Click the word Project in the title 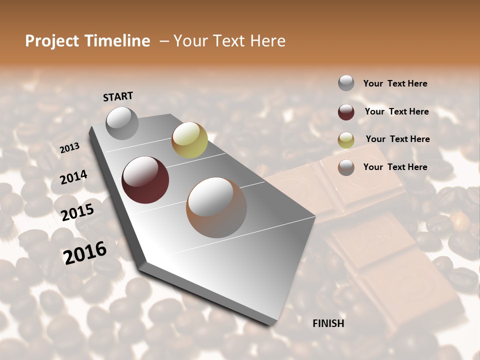click(52, 41)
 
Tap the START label click(118, 96)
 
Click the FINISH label click(328, 323)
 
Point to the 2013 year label click(70, 147)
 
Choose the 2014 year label click(73, 177)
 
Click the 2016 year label click(85, 252)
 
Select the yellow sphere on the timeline click(189, 140)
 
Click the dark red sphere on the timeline click(145, 180)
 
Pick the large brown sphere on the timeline click(216, 207)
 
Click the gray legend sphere click(346, 83)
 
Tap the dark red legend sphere click(346, 112)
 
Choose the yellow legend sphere click(346, 139)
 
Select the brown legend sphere click(346, 167)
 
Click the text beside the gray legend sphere click(395, 83)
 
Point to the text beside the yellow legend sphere click(398, 139)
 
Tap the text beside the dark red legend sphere click(397, 111)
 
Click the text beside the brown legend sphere click(395, 167)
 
